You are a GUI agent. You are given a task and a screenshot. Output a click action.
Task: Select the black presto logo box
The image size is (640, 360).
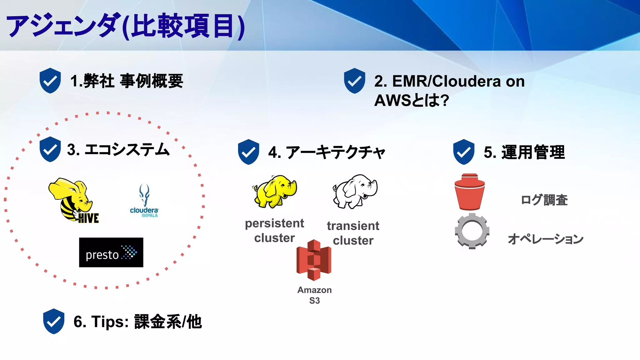click(111, 252)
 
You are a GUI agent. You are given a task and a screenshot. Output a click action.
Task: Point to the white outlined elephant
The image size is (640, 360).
click(355, 191)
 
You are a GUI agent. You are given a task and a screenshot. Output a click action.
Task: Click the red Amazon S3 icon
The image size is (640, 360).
click(314, 260)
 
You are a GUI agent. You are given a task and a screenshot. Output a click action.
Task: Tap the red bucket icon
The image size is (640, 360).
click(470, 192)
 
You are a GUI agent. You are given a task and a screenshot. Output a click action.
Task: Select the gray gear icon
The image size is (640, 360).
click(472, 231)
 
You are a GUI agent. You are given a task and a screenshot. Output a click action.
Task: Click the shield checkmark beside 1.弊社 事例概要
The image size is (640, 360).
click(50, 81)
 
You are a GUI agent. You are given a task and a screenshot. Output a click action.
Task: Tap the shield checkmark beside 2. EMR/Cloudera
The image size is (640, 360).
click(354, 81)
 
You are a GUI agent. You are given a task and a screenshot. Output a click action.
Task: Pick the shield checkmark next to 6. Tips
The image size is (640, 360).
click(54, 321)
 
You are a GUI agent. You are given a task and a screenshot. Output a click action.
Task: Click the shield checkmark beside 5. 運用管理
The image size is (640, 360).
click(464, 152)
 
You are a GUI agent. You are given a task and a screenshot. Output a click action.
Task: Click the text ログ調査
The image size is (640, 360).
click(544, 200)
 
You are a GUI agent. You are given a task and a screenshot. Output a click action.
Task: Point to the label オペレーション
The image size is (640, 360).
click(545, 239)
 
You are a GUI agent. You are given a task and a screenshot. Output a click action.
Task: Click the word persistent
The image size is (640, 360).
click(274, 223)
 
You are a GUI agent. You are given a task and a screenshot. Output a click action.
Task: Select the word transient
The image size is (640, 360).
click(353, 226)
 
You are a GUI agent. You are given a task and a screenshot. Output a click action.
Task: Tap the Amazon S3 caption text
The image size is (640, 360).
click(314, 295)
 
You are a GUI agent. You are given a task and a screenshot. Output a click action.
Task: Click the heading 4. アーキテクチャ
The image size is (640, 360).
click(327, 152)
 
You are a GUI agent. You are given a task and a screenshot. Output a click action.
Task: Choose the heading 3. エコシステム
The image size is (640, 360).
click(118, 150)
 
